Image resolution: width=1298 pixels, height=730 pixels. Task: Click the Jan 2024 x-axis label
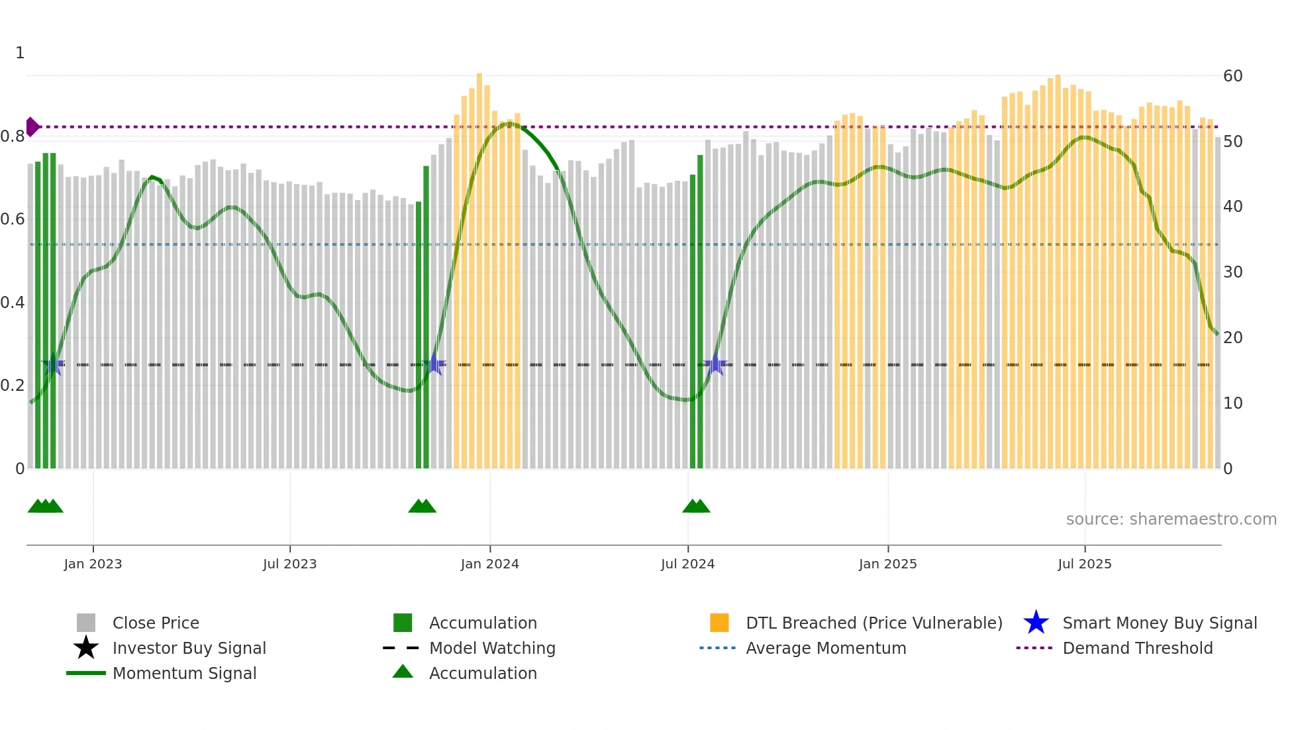tap(489, 564)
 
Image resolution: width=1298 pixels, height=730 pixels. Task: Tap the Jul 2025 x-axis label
tap(1084, 564)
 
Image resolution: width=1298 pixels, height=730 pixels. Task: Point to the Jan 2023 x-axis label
tap(93, 564)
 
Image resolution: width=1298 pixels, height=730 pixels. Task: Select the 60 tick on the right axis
tap(1232, 76)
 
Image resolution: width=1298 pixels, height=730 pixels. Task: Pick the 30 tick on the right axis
tap(1232, 272)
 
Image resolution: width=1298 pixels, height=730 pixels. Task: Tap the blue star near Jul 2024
tap(715, 364)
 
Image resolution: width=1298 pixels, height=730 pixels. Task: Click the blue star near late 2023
tap(434, 364)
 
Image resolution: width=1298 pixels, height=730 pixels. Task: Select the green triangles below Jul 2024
tap(696, 506)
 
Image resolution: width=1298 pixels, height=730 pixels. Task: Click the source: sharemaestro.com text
tap(1171, 519)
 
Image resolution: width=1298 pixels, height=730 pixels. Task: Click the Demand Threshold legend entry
tap(1137, 648)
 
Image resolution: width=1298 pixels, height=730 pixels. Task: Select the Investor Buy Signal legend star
tap(86, 648)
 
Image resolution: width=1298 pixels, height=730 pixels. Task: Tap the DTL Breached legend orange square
tap(719, 623)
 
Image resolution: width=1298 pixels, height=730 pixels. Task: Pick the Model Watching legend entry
tap(491, 648)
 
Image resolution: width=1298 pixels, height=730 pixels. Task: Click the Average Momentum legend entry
tap(825, 648)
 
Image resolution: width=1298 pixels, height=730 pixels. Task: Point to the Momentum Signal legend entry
tap(183, 673)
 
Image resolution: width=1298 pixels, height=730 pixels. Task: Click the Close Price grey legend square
tap(86, 623)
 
